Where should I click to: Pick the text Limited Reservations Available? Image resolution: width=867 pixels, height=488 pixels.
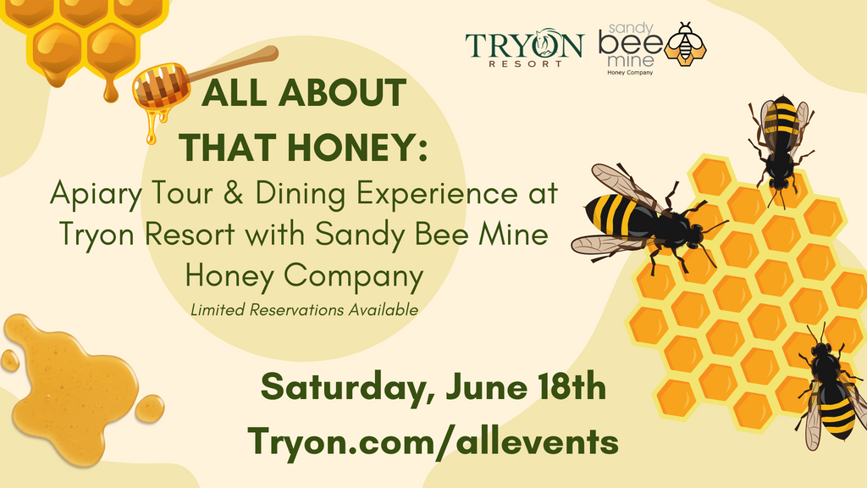pos(305,310)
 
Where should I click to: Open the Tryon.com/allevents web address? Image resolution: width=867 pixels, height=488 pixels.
pos(432,441)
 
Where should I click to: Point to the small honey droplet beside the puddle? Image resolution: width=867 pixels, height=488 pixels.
pos(150,408)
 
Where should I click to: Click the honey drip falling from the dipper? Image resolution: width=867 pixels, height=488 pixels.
pos(152,127)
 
